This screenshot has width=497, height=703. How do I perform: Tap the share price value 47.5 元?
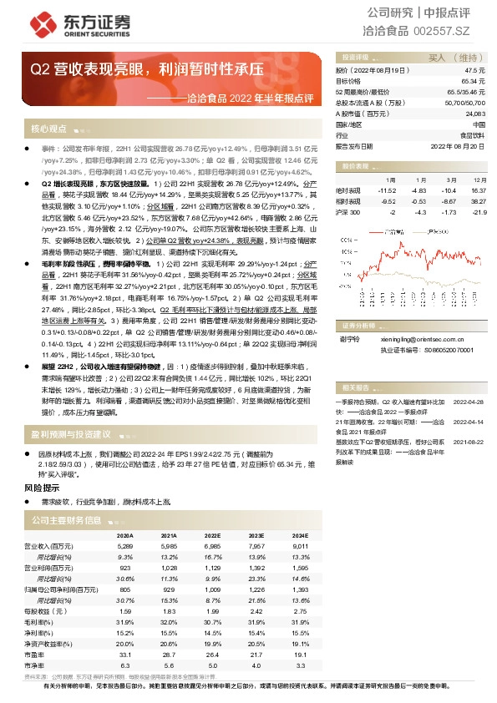[x=476, y=71]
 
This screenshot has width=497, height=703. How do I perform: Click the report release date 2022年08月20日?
[x=457, y=144]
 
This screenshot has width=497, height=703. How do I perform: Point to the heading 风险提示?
[x=42, y=488]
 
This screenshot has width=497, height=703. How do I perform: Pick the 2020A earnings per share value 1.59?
[x=125, y=610]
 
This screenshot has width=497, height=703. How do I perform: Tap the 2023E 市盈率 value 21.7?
[x=256, y=655]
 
